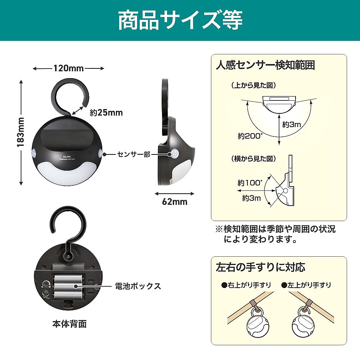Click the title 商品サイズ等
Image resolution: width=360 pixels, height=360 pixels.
click(x=180, y=21)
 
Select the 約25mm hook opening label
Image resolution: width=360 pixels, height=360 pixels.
click(x=106, y=113)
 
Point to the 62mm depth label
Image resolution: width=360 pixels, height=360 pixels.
click(x=175, y=202)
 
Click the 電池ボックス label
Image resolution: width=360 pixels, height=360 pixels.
click(x=138, y=286)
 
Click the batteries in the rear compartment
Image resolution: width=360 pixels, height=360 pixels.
click(x=68, y=286)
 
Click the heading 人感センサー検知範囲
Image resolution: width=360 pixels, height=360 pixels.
click(x=265, y=65)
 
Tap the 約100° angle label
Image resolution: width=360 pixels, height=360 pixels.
click(x=250, y=183)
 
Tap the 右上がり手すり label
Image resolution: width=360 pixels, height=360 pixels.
click(x=247, y=285)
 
